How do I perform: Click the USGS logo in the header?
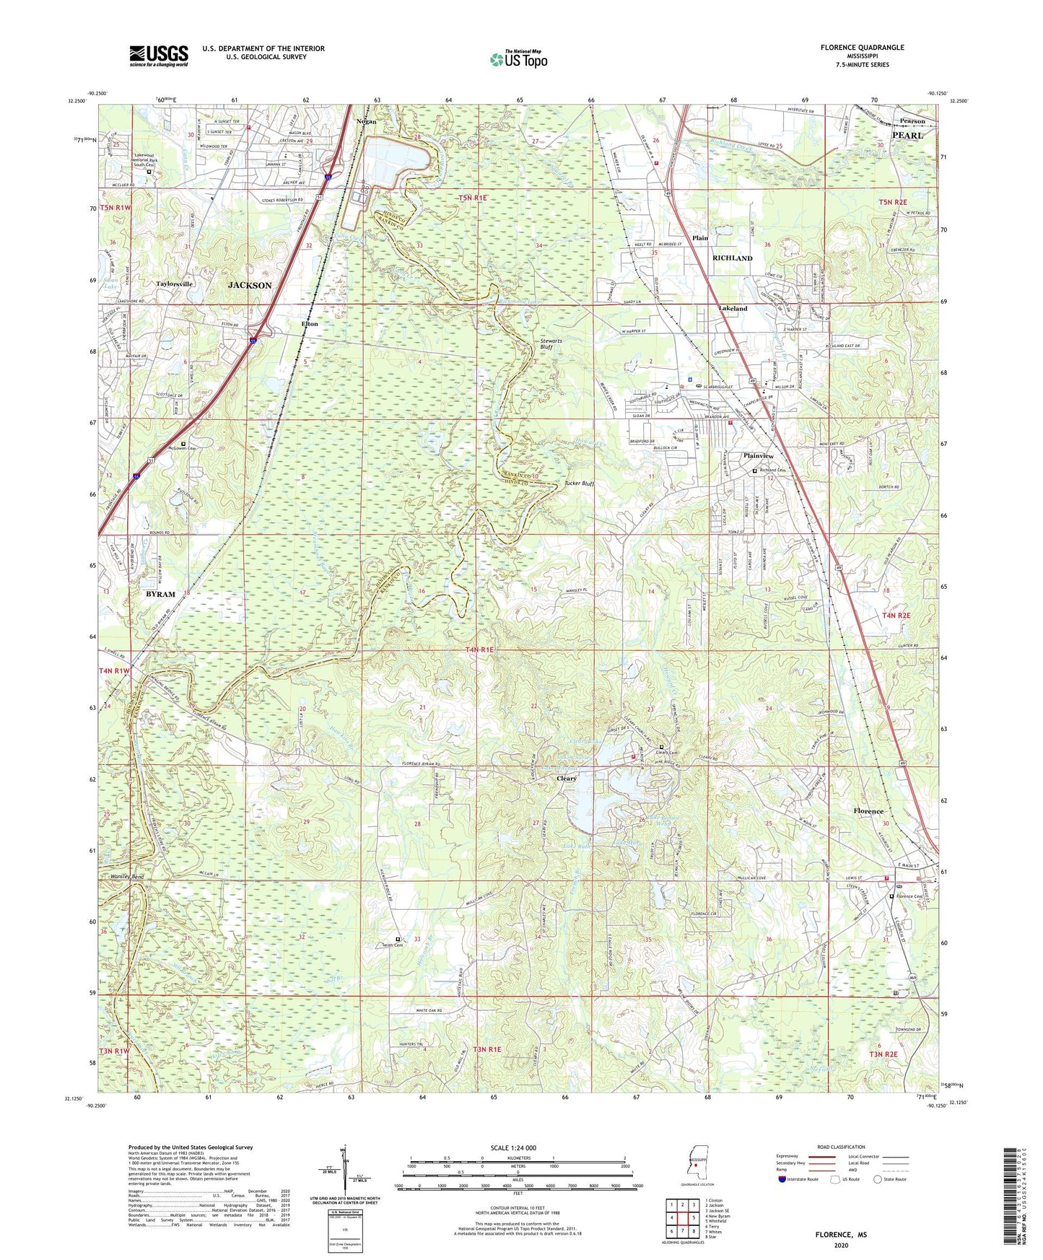tap(159, 55)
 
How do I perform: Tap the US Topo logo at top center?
tap(518, 59)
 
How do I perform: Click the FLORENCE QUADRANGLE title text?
tap(862, 48)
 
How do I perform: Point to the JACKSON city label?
tap(250, 286)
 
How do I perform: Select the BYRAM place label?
tap(160, 594)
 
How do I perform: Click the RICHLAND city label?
tap(732, 258)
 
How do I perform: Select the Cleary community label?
tap(567, 779)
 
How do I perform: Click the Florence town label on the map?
tap(868, 811)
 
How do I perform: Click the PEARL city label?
tap(907, 135)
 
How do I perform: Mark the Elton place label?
tap(310, 324)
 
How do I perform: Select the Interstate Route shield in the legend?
tap(784, 1179)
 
